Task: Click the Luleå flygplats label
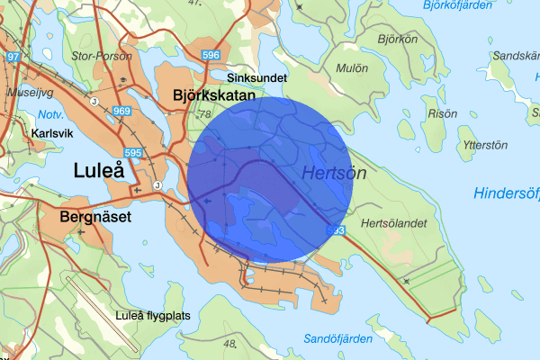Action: click(x=156, y=316)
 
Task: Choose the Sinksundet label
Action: click(x=257, y=78)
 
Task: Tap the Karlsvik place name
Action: click(x=50, y=131)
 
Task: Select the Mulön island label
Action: click(x=351, y=67)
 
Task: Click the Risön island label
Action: click(x=438, y=114)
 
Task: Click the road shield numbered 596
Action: click(x=211, y=56)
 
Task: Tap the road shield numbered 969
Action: click(x=122, y=111)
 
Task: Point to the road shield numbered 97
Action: click(x=12, y=58)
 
